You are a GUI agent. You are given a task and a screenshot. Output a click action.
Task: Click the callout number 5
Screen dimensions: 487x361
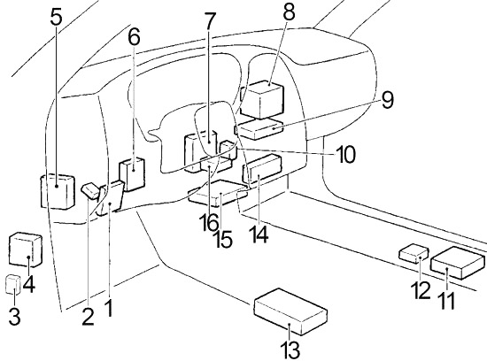[56, 18]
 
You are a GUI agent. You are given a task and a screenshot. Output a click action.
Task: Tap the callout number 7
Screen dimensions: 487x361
[209, 21]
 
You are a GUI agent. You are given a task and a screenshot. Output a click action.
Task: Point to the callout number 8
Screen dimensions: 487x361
[289, 12]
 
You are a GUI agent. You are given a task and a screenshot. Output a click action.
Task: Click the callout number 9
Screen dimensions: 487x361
[387, 100]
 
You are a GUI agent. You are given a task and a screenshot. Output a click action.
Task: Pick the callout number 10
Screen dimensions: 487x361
[345, 154]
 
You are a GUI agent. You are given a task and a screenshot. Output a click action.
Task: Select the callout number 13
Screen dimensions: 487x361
[290, 349]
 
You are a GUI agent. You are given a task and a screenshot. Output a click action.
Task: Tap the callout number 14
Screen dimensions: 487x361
[258, 234]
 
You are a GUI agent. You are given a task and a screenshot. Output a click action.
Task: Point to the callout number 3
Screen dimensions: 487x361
[14, 316]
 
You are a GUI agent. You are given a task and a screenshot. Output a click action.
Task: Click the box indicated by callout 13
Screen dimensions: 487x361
[290, 311]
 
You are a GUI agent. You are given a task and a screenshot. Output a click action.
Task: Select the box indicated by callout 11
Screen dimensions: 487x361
[458, 263]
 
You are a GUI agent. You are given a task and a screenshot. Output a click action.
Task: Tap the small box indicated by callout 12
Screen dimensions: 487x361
[414, 254]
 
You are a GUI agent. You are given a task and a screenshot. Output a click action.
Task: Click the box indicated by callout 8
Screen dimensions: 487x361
[262, 99]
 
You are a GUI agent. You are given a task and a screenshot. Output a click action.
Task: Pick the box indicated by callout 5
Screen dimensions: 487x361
[58, 191]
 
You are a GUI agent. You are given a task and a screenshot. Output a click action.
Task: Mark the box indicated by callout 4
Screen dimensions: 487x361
[26, 250]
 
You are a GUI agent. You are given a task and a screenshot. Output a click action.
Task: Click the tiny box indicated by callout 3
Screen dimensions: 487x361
[13, 284]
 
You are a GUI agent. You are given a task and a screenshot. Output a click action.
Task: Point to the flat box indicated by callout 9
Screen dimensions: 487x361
[259, 129]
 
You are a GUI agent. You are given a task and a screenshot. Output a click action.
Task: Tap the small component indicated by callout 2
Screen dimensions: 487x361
[90, 190]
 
